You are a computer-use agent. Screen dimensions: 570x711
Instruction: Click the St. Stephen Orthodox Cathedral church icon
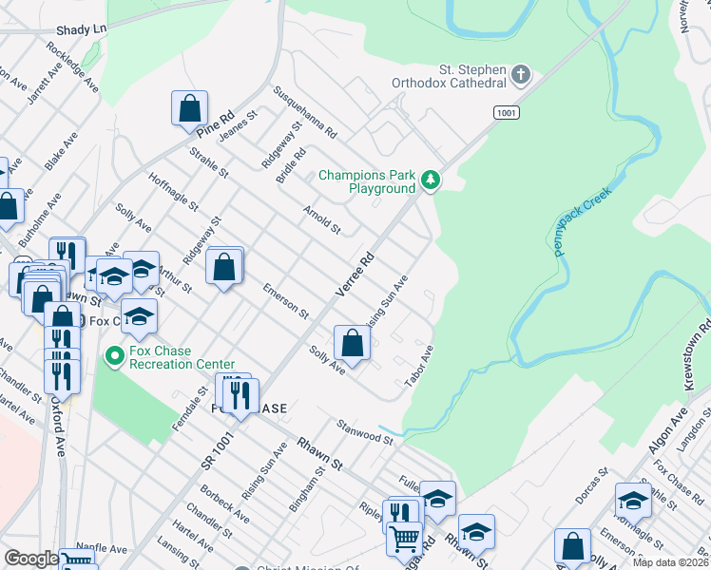520,74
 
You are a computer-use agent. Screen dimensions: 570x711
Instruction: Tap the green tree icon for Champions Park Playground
431,179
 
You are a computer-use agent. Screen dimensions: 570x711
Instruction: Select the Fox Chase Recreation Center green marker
114,356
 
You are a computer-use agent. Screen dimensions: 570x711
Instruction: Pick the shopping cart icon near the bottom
405,539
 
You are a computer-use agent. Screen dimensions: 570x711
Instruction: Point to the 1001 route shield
507,112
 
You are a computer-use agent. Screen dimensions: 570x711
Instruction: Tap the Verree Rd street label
356,273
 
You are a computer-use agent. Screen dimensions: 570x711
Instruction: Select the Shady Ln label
81,30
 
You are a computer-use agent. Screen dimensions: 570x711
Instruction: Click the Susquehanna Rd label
305,113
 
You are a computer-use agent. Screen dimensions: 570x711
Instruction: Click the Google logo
31,559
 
